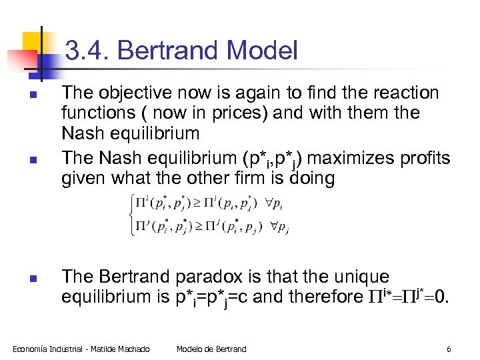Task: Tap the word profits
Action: click(x=423, y=159)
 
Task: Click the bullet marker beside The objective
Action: click(x=33, y=94)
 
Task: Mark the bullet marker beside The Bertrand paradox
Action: click(x=33, y=277)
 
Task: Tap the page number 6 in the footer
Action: click(x=449, y=349)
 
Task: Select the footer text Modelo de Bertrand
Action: click(x=211, y=349)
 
